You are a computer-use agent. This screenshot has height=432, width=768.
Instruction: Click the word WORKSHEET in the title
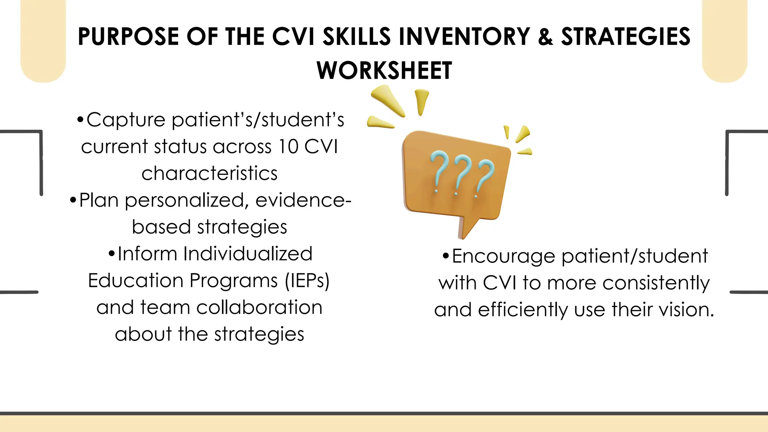click(384, 70)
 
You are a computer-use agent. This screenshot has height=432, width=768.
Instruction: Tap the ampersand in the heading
click(545, 37)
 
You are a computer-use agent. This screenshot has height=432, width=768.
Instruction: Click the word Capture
click(126, 120)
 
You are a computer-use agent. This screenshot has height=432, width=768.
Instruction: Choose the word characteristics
click(209, 173)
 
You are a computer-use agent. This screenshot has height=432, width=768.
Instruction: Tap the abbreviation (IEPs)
click(307, 280)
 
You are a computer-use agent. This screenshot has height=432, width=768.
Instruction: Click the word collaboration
click(259, 307)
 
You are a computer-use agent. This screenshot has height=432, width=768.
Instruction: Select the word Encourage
click(504, 256)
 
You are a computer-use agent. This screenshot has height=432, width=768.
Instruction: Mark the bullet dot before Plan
click(73, 200)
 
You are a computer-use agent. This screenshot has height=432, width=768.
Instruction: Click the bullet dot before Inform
click(111, 254)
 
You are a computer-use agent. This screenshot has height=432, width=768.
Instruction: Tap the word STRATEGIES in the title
click(625, 37)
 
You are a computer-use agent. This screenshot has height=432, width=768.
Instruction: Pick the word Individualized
click(247, 254)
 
